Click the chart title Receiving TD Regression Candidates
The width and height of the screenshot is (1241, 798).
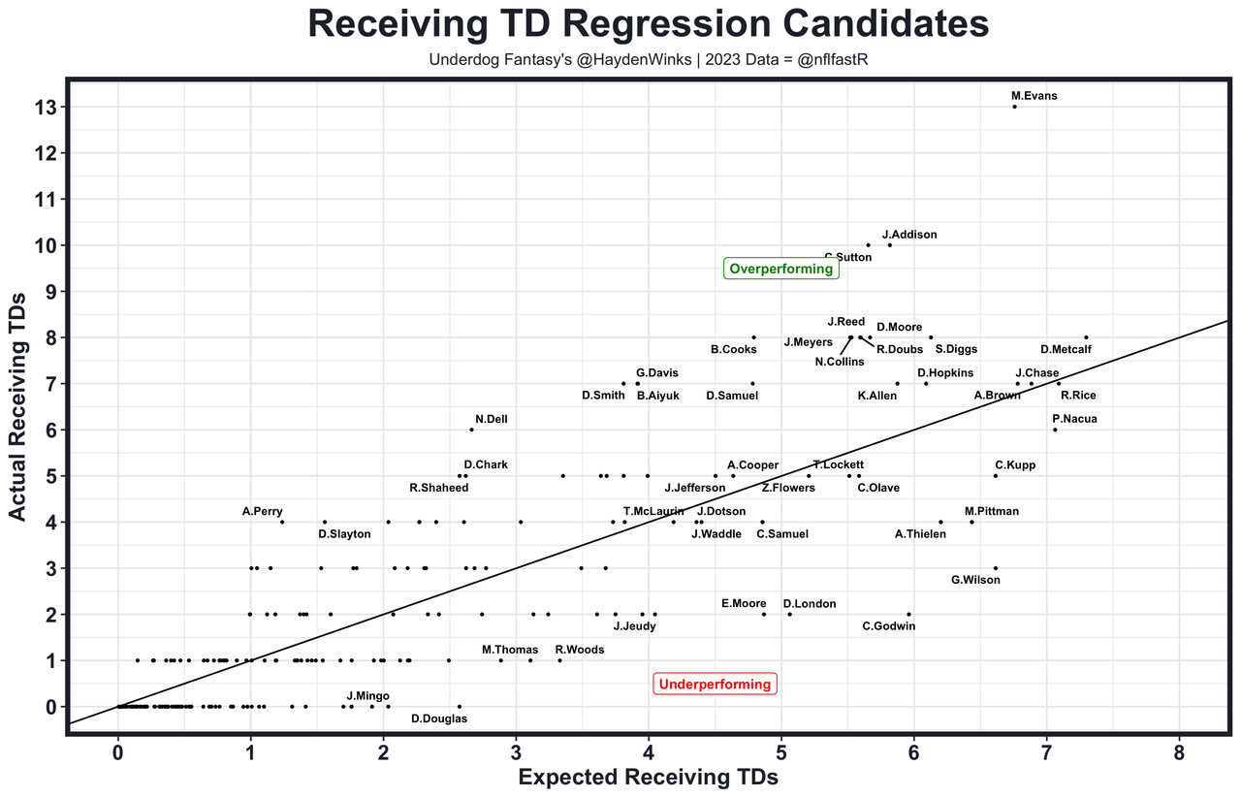[649, 25]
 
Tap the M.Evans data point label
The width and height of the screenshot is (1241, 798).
[1034, 96]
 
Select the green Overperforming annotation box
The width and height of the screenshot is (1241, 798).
[780, 269]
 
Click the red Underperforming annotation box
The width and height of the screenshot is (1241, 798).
[715, 684]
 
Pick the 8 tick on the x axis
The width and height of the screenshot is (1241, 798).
[1179, 753]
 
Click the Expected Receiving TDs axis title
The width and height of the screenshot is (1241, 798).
[649, 778]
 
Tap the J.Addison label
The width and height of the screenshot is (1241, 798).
[909, 235]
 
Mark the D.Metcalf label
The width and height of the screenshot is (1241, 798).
[1065, 349]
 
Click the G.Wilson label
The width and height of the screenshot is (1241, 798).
[975, 580]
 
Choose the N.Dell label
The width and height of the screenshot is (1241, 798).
[492, 419]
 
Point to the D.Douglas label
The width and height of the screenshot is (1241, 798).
[439, 718]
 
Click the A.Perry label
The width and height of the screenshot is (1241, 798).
[263, 511]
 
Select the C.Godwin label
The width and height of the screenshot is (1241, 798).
[888, 625]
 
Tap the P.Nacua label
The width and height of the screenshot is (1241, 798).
[1074, 419]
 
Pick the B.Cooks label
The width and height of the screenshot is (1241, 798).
[734, 349]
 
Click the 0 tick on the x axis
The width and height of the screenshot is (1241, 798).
[118, 753]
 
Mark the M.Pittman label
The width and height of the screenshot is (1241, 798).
[992, 511]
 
